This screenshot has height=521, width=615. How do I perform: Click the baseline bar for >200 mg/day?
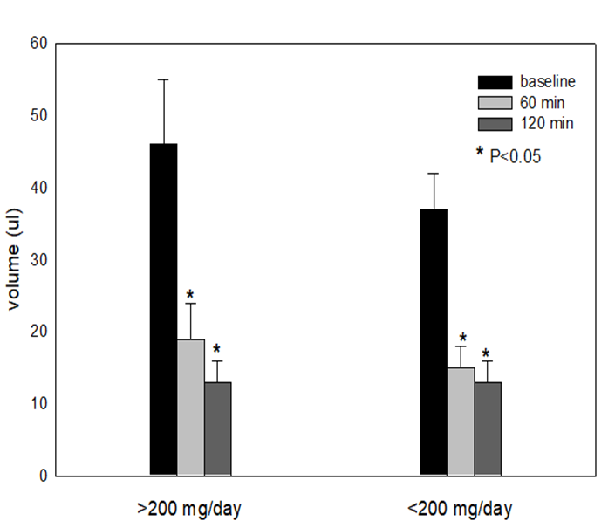click(163, 310)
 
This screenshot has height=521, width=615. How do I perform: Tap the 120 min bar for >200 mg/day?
click(217, 428)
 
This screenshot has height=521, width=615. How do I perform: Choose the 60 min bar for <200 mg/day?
click(461, 422)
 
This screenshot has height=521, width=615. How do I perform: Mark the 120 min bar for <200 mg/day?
click(488, 428)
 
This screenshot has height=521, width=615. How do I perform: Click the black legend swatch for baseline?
click(494, 82)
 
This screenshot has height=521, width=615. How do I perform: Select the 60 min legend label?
click(541, 102)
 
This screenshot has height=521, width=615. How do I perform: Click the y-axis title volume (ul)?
click(15, 262)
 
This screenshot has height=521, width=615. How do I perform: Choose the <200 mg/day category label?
click(461, 508)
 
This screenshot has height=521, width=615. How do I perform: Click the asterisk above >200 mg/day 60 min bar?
click(190, 294)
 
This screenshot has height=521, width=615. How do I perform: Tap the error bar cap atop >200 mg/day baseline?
click(163, 79)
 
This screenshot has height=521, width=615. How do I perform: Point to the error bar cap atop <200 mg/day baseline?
click(434, 174)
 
